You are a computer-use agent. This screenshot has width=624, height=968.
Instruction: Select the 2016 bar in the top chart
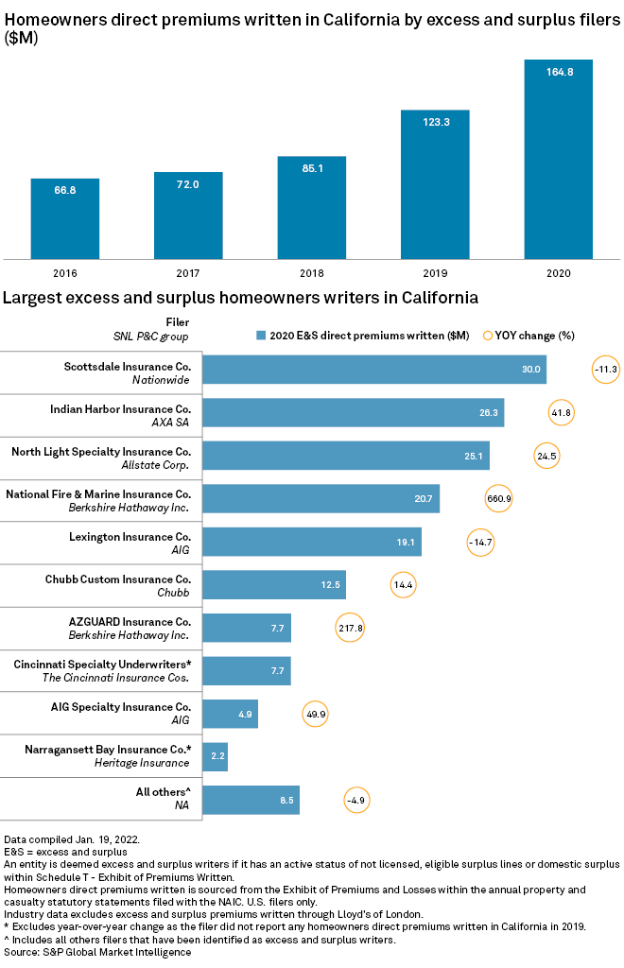pyautogui.click(x=64, y=218)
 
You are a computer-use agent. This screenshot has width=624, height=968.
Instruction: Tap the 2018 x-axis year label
pyautogui.click(x=311, y=272)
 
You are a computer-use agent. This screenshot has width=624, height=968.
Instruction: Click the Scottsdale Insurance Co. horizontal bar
pyautogui.click(x=374, y=369)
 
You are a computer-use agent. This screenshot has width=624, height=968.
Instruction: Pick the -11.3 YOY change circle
pyautogui.click(x=606, y=369)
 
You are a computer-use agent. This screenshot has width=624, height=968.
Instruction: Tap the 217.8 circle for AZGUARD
pyautogui.click(x=350, y=628)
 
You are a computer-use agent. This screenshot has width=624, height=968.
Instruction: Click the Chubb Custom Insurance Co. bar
pyautogui.click(x=274, y=584)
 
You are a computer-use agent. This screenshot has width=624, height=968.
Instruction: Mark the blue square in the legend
pyautogui.click(x=260, y=335)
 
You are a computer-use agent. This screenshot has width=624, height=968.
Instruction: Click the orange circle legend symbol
pyautogui.click(x=488, y=335)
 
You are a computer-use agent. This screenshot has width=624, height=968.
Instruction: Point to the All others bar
pyautogui.click(x=251, y=800)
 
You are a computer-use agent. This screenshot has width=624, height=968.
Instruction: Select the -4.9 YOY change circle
pyautogui.click(x=355, y=800)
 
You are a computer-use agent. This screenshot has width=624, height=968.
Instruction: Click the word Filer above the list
pyautogui.click(x=177, y=321)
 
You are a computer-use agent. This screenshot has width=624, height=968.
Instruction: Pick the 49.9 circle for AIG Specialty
pyautogui.click(x=315, y=714)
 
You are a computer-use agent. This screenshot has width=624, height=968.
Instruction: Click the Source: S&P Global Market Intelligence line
pyautogui.click(x=97, y=952)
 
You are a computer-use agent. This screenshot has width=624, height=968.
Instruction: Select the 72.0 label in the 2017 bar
pyautogui.click(x=188, y=184)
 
